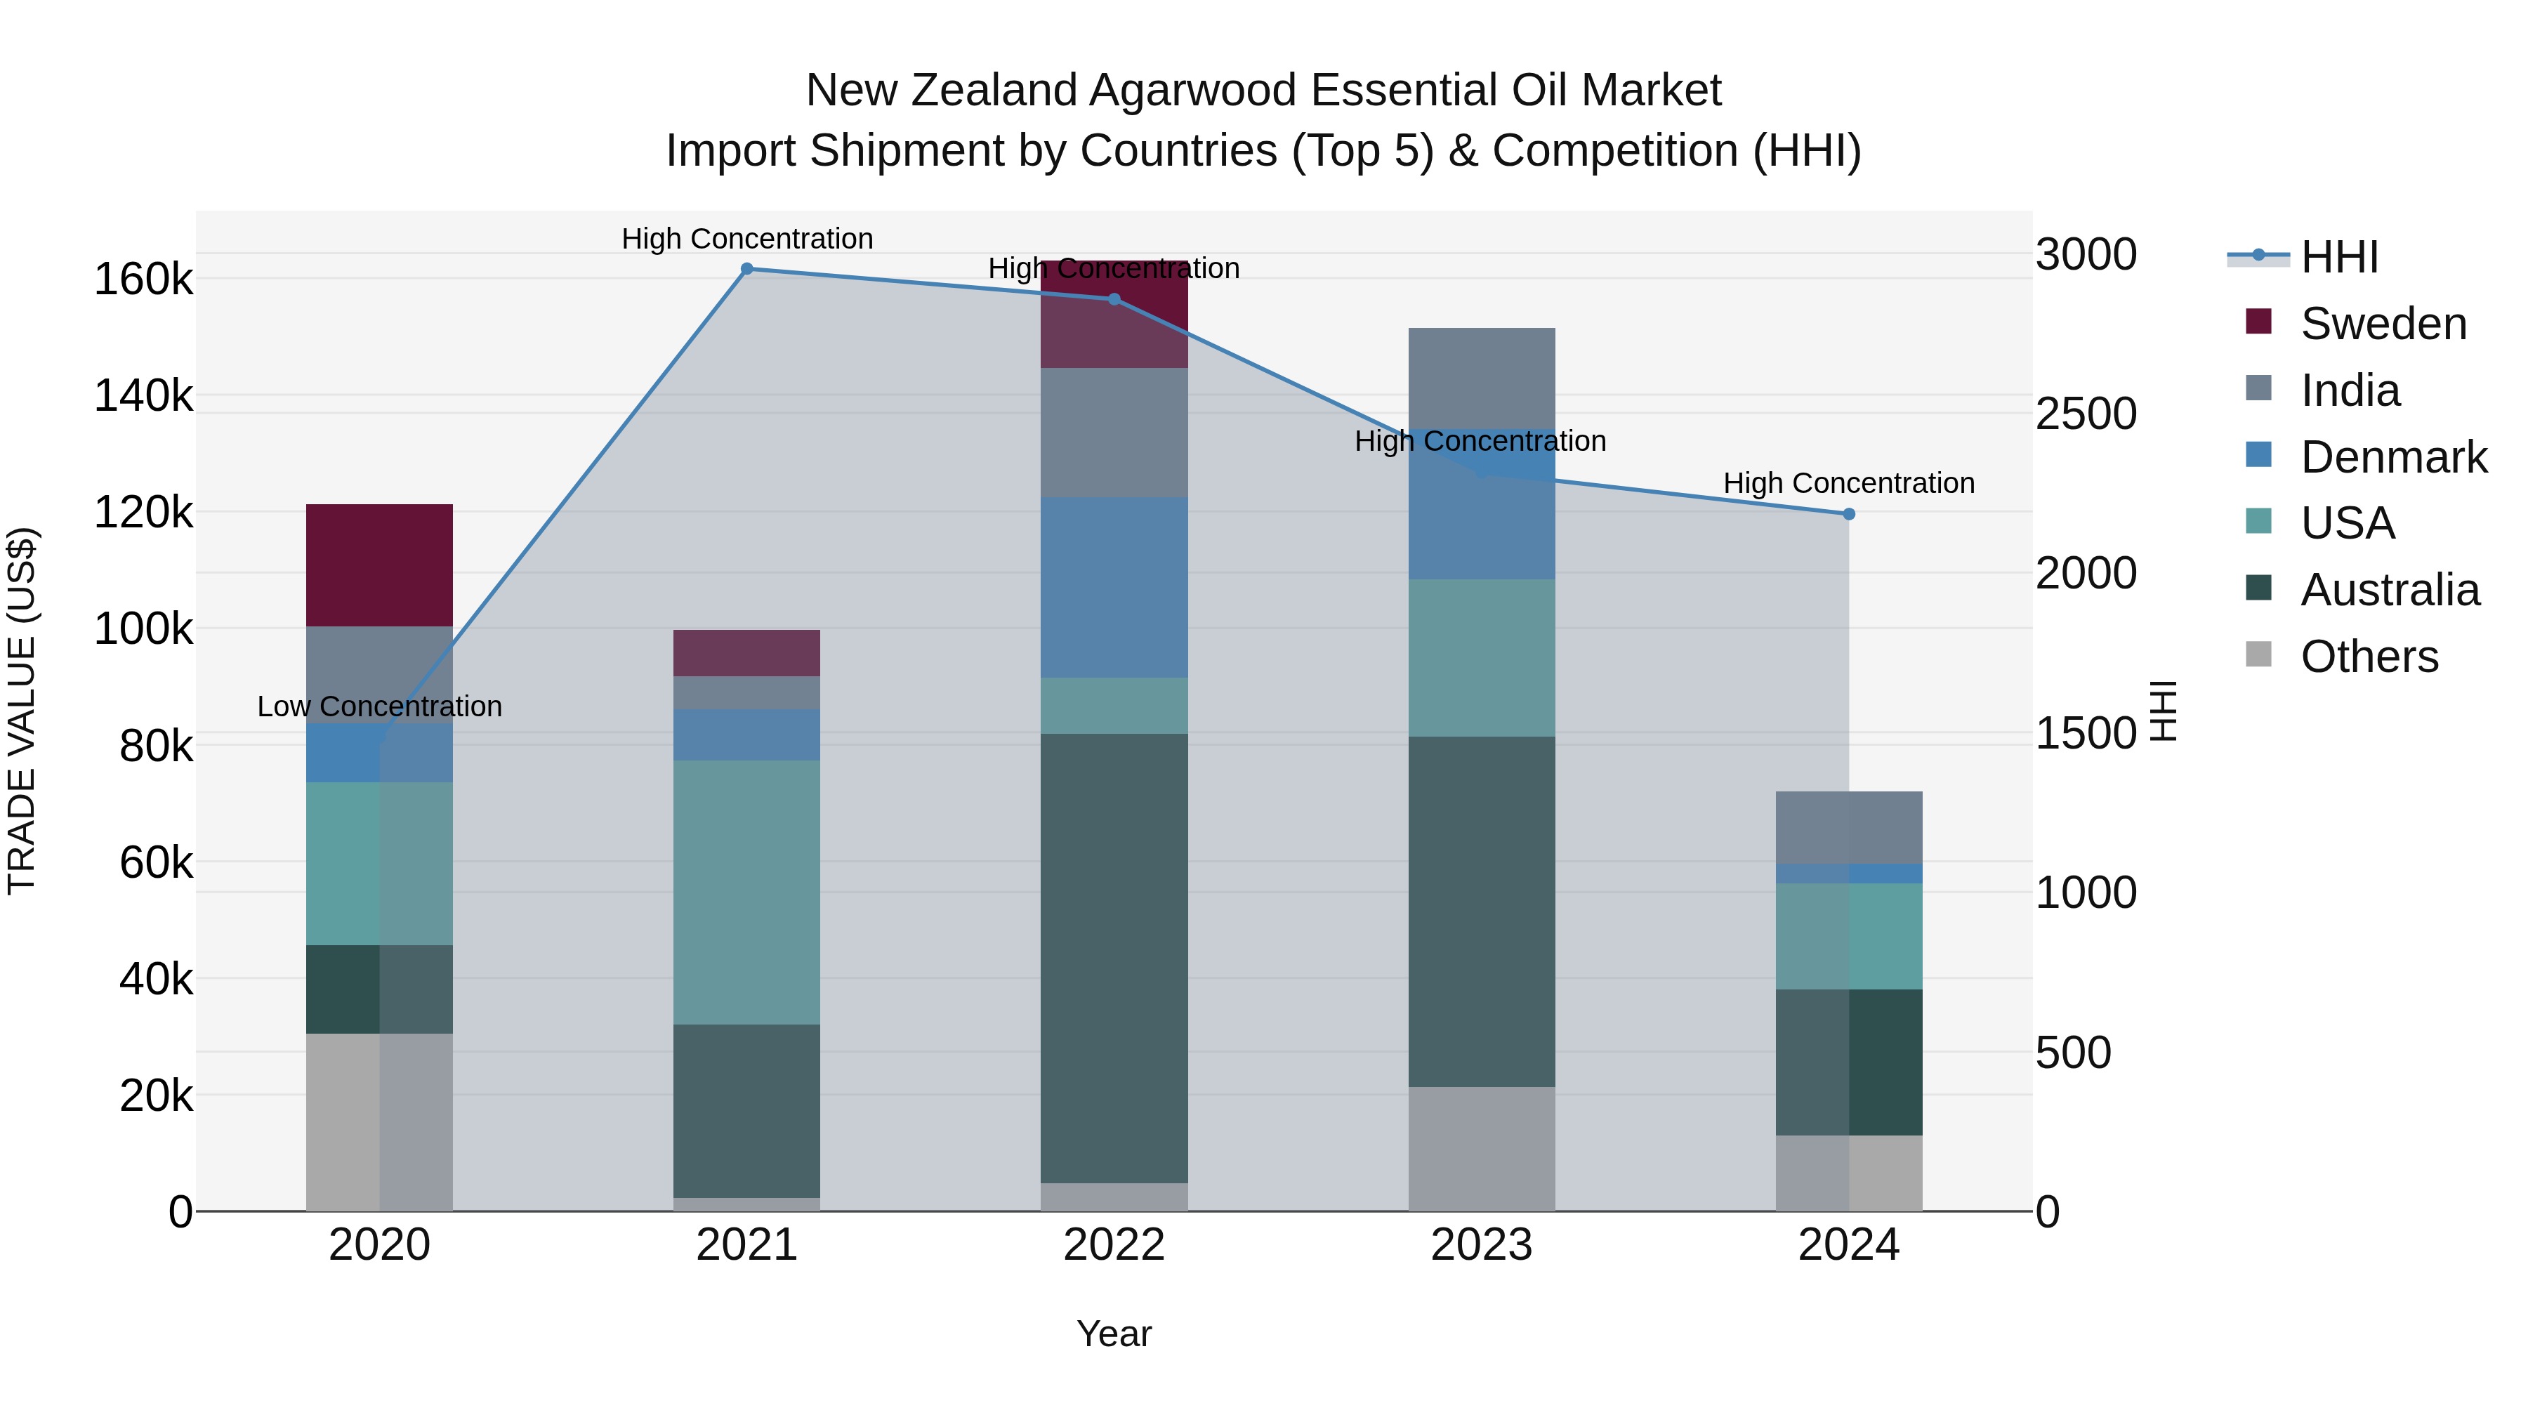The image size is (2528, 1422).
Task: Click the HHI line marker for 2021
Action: (747, 269)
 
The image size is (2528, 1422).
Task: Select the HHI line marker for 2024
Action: (1849, 514)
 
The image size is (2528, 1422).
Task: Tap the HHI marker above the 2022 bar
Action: (1114, 299)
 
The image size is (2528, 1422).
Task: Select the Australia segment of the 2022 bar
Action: (1114, 958)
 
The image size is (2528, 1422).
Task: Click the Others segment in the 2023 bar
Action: (1481, 1148)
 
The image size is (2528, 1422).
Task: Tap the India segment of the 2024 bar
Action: (1849, 827)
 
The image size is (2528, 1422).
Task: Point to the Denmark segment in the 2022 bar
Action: (1114, 587)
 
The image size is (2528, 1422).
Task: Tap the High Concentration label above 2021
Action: (747, 239)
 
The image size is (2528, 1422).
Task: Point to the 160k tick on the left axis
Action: (143, 279)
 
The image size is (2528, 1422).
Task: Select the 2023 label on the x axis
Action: (1481, 1245)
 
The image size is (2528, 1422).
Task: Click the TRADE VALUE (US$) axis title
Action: (22, 711)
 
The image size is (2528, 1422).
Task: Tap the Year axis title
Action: (1114, 1334)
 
